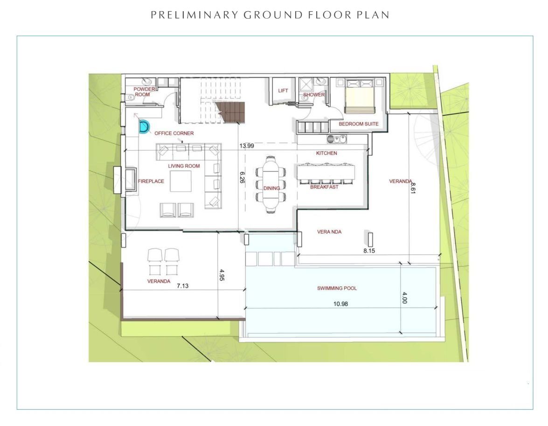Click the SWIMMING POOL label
337,288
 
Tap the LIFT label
283,91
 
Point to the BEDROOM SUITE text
359,124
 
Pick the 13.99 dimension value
247,146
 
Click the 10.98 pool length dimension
340,304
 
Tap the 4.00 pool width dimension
405,298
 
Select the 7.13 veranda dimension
182,286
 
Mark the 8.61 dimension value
413,188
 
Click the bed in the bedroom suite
360,96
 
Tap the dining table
271,185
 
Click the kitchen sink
337,139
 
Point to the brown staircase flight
229,112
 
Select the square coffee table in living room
180,181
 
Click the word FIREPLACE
151,181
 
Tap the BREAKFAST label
324,187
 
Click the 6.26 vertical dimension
242,177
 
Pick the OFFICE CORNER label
174,133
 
